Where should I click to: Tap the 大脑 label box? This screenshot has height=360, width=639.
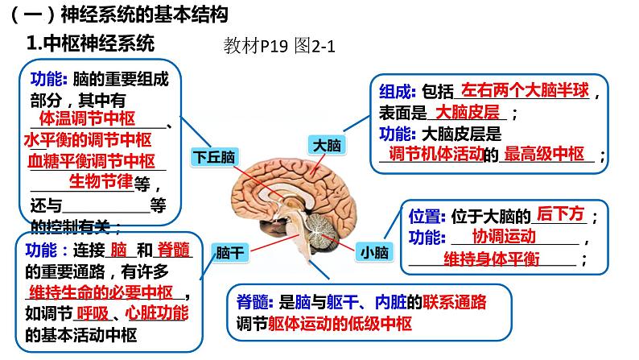(327, 146)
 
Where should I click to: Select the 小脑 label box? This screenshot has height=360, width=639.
(374, 252)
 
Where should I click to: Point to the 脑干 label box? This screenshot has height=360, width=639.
(230, 252)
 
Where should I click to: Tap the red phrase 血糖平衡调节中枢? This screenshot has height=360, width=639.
(90, 159)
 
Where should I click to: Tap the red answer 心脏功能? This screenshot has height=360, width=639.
(158, 312)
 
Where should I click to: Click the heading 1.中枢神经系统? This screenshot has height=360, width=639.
(90, 43)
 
